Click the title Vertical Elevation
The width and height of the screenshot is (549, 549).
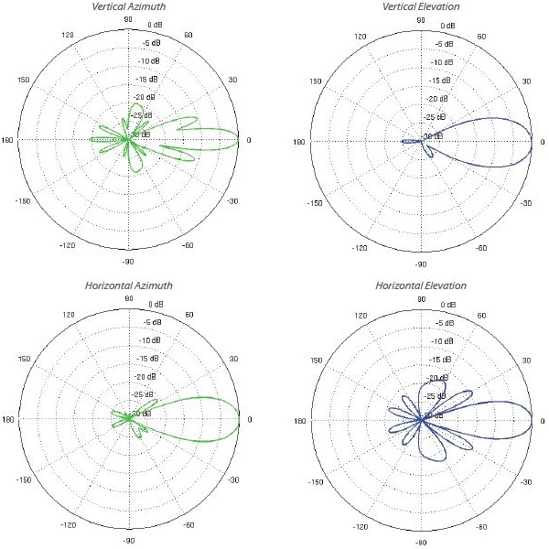[x=420, y=6]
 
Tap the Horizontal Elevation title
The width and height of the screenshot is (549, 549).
[x=421, y=286]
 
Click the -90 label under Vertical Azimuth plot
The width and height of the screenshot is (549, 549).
[x=127, y=264]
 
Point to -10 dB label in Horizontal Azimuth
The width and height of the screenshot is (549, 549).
[x=147, y=341]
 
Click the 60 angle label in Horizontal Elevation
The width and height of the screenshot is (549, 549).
[x=481, y=317]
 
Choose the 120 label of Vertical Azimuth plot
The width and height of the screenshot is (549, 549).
[x=68, y=35]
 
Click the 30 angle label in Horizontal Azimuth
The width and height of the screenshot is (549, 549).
[x=233, y=359]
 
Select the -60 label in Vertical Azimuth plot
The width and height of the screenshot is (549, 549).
[x=188, y=246]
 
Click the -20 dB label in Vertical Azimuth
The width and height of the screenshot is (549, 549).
[x=145, y=97]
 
